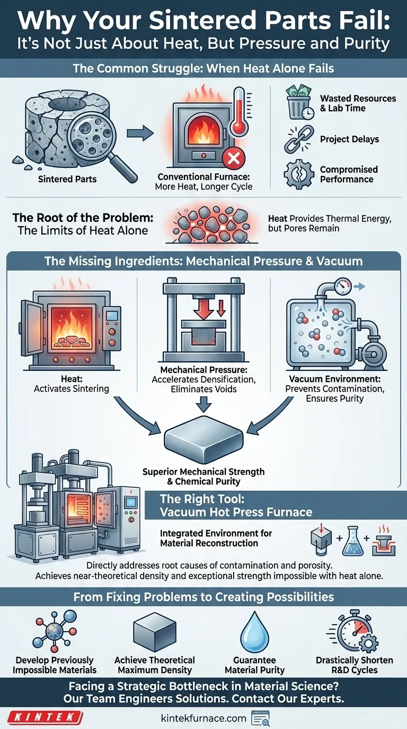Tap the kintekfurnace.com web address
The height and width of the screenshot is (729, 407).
203,718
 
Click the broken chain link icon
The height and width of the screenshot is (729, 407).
299,139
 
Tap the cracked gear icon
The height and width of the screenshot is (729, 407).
299,175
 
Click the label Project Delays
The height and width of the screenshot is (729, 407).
349,139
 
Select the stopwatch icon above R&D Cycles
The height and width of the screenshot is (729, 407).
353,631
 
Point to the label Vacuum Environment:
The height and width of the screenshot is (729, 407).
334,379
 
